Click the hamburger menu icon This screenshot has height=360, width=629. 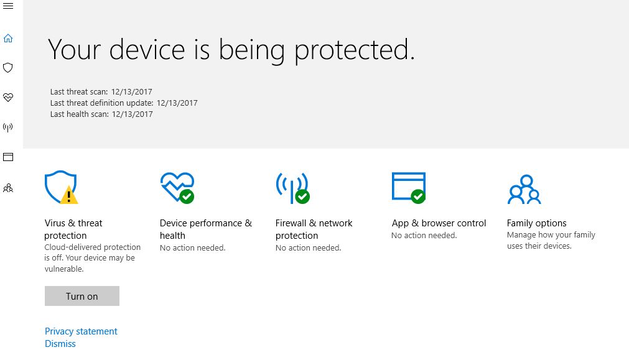click(x=8, y=6)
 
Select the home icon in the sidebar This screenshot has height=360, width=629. click(x=8, y=38)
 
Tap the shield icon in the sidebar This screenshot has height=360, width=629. click(x=8, y=67)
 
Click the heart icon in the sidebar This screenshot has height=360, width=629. click(x=8, y=97)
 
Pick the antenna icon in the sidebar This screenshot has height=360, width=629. click(x=8, y=127)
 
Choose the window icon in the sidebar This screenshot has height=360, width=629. click(x=8, y=157)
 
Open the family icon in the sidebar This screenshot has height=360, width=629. click(x=8, y=188)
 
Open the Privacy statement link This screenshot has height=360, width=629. click(x=81, y=331)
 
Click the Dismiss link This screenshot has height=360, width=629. click(x=60, y=344)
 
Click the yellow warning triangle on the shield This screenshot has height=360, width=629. click(x=69, y=195)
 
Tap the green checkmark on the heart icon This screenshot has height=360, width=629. click(x=187, y=196)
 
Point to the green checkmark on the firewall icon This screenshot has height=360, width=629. click(x=302, y=196)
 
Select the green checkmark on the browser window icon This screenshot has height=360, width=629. click(x=418, y=196)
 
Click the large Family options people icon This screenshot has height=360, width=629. click(x=524, y=189)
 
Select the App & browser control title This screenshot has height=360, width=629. click(x=439, y=223)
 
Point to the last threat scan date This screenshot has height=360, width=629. click(x=131, y=92)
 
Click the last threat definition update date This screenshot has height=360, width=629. click(x=177, y=103)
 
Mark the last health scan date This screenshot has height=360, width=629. click(x=133, y=114)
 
